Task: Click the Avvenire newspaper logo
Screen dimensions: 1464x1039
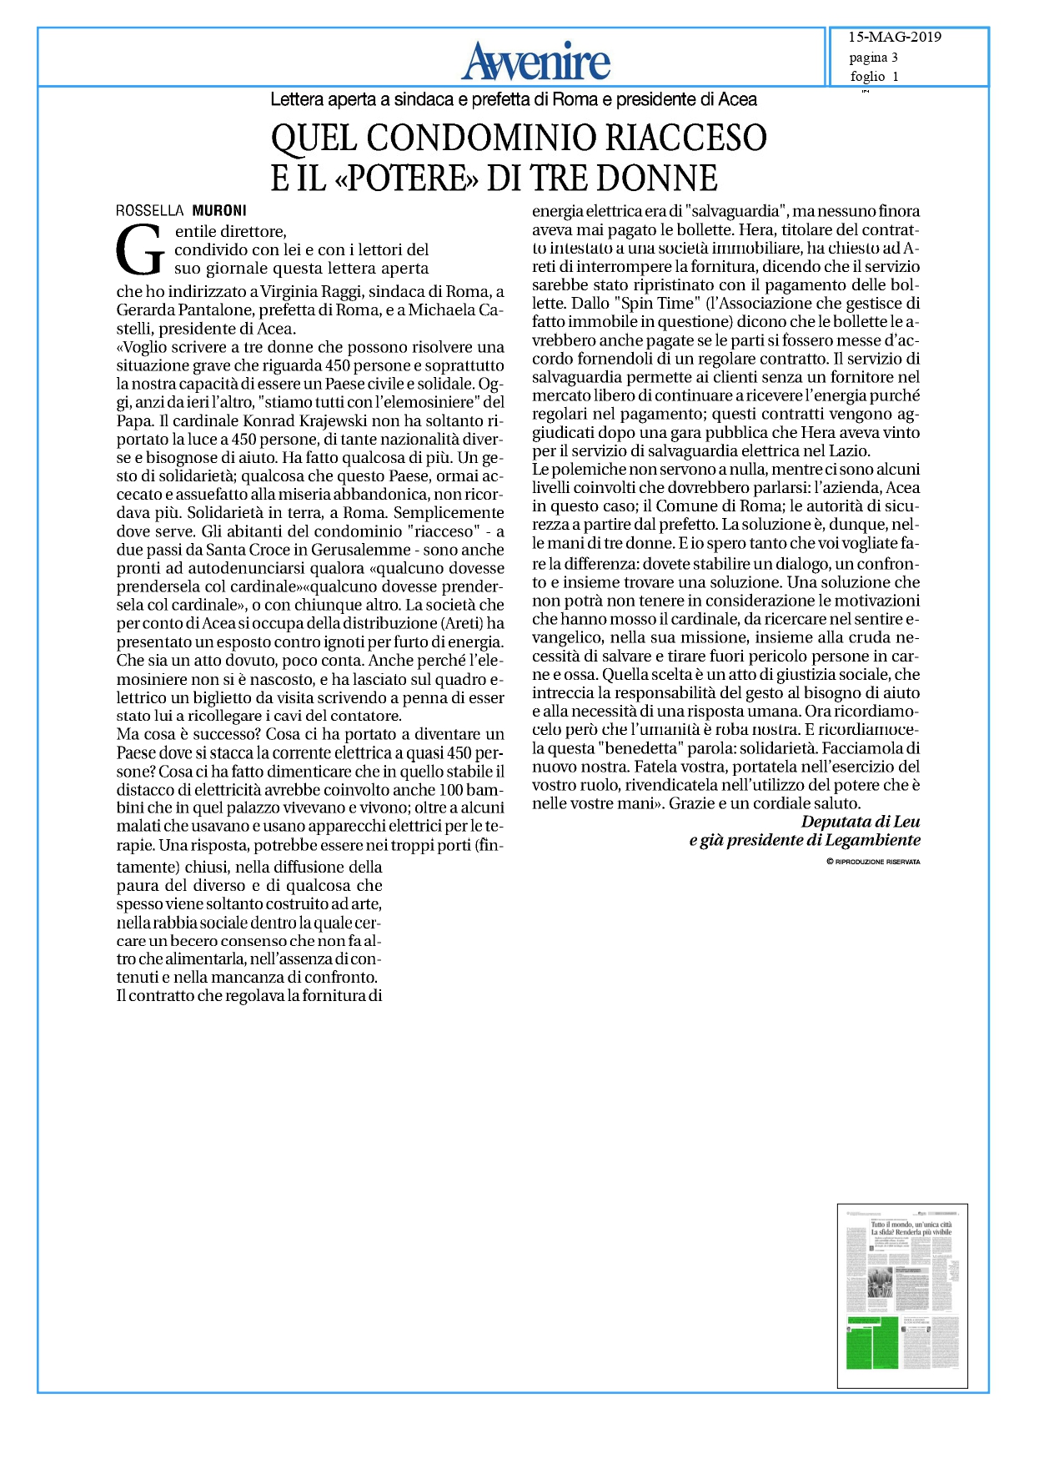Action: tap(536, 60)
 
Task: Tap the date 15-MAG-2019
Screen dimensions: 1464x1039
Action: tap(894, 38)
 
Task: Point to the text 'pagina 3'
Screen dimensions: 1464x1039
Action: tap(873, 58)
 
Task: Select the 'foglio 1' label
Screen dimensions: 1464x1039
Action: tap(874, 77)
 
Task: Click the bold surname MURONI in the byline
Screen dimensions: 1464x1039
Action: tap(219, 211)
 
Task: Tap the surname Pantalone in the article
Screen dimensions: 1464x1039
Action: tap(212, 309)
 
